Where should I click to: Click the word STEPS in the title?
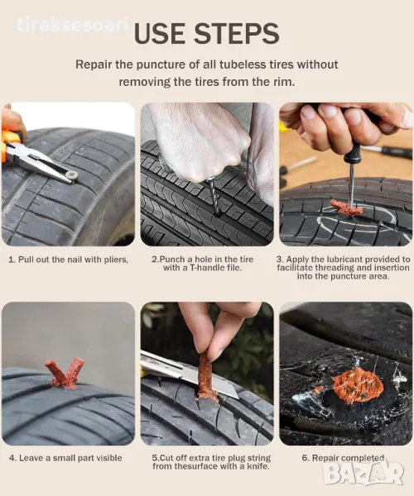[x=236, y=34]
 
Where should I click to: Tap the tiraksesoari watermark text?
[x=72, y=25]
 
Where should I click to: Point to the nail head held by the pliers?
[x=72, y=174]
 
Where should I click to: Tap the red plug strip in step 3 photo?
[x=346, y=207]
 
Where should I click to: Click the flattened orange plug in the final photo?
[x=359, y=385]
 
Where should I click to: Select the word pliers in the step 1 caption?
[x=116, y=260]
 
